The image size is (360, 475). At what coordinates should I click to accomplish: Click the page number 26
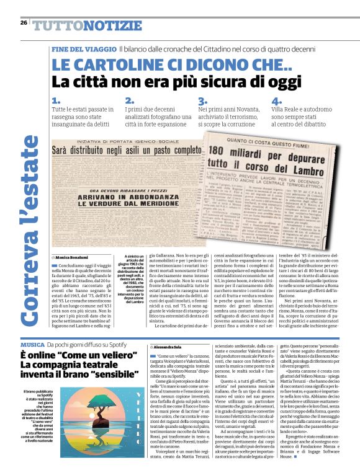(23, 22)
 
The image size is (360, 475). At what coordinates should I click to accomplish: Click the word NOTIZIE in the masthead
(111, 25)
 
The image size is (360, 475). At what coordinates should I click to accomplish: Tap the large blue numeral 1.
(56, 101)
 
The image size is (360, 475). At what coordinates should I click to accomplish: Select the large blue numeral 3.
(202, 101)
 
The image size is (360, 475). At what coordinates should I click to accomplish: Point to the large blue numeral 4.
(276, 101)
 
